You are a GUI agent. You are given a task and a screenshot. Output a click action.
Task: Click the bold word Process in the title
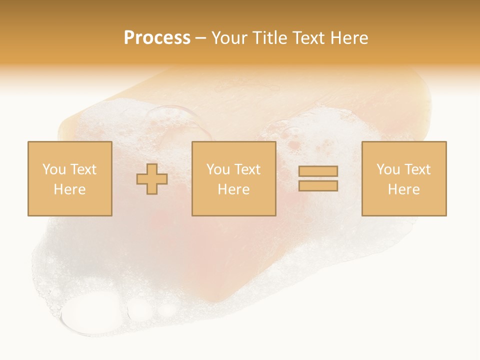[157, 38]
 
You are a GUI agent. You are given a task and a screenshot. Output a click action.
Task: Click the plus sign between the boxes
[152, 178]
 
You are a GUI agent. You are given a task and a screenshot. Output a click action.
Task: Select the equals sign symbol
[318, 178]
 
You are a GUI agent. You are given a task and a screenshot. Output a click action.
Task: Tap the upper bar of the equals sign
[318, 171]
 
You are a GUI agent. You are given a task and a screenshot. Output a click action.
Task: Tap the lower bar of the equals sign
[318, 186]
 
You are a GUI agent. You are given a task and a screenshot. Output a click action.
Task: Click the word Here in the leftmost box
[69, 189]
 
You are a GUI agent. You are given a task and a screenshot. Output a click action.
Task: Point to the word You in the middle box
[218, 169]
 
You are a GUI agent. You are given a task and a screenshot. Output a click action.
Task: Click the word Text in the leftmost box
[83, 169]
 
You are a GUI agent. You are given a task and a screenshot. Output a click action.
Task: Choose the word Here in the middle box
[233, 189]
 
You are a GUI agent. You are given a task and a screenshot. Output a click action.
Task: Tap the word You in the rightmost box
[388, 169]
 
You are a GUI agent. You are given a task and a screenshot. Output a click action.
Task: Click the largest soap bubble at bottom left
[92, 313]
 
